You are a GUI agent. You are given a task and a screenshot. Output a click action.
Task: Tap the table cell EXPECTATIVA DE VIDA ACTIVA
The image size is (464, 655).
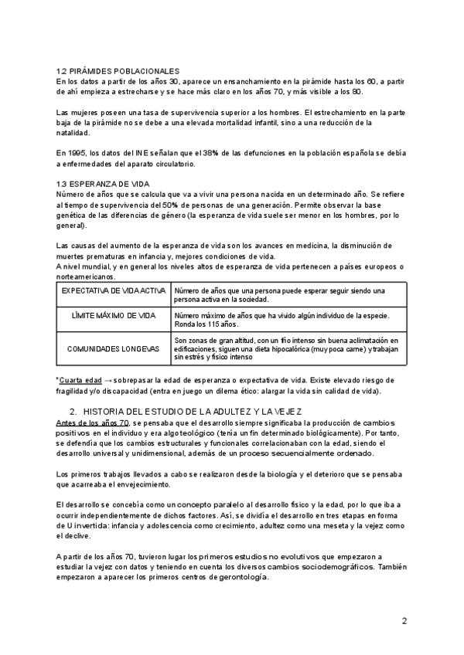click(x=113, y=290)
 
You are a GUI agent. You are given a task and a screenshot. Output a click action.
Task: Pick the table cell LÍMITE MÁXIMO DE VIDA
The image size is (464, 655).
click(x=113, y=317)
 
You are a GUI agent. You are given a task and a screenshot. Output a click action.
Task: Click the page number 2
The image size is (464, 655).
click(x=404, y=620)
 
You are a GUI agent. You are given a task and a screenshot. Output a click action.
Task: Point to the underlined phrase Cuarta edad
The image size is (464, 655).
click(x=80, y=380)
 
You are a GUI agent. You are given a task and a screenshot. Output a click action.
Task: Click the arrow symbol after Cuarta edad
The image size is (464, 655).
click(x=110, y=380)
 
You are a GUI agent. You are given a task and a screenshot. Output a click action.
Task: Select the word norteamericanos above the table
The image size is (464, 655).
click(x=84, y=276)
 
